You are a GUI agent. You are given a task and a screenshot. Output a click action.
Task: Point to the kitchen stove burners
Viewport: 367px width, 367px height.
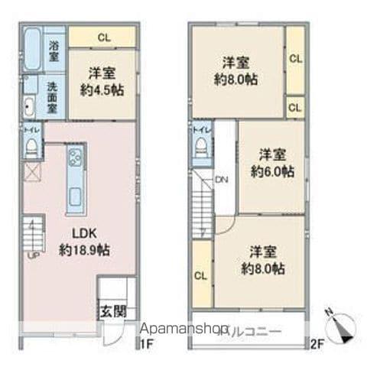pos(76,158)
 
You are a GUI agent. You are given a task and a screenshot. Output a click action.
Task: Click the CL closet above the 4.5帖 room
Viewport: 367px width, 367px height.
pos(102,37)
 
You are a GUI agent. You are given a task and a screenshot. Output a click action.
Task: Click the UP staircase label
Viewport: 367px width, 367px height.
pos(33,254)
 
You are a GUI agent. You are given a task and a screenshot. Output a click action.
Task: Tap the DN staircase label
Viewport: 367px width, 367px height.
pos(221,180)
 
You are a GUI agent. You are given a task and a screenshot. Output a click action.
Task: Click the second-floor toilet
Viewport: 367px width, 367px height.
pos(202,148)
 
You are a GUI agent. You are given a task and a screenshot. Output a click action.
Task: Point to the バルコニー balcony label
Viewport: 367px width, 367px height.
pos(254,330)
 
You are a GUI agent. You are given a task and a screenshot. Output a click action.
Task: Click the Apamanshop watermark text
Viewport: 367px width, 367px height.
pos(183,331)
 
